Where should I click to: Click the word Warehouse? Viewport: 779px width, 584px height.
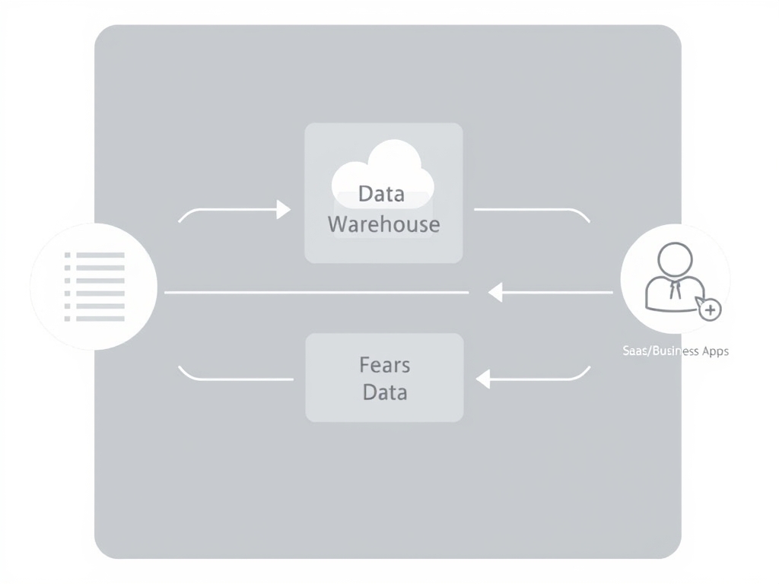tap(383, 224)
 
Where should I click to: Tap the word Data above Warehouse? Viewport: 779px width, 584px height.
tap(381, 194)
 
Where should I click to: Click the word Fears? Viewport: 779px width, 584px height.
tap(384, 365)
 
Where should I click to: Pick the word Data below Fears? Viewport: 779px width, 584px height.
tap(385, 392)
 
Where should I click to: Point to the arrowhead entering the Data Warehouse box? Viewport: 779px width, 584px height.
tap(284, 209)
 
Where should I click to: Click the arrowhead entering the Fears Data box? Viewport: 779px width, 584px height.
tap(482, 378)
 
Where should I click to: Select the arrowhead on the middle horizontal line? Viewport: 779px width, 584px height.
tap(495, 292)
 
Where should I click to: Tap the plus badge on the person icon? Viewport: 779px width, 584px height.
tap(710, 309)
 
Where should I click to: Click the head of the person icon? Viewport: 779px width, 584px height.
tap(674, 259)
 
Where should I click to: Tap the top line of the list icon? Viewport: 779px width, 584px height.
tap(100, 255)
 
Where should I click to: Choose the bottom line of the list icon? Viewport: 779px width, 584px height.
tap(100, 318)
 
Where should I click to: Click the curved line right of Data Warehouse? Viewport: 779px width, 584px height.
tap(533, 211)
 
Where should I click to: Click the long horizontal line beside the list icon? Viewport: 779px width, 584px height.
tap(316, 292)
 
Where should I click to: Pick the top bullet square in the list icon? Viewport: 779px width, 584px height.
tap(67, 255)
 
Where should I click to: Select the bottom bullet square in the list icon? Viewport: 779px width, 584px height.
tap(67, 318)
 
